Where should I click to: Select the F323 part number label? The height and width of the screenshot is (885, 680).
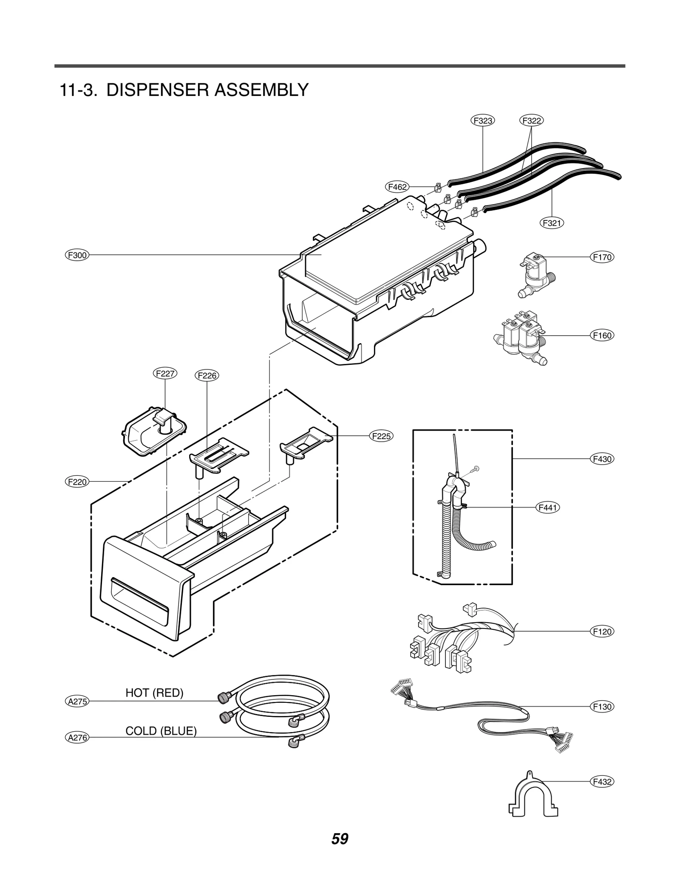point(483,121)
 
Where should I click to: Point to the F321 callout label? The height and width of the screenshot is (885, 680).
point(552,223)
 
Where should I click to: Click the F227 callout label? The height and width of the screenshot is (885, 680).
point(165,374)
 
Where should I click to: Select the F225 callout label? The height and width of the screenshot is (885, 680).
point(381,436)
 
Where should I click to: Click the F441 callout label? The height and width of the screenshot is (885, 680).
point(547,507)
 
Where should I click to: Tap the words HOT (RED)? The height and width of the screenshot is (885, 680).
point(154,693)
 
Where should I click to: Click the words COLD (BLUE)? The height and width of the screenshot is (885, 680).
point(161,731)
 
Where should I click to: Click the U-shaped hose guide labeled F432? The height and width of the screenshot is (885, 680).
point(533,797)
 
